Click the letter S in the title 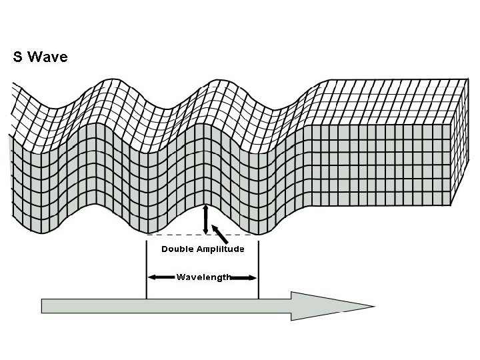point(18,57)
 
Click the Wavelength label point(203,277)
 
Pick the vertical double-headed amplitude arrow point(205,220)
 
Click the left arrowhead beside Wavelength point(152,277)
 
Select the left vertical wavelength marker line point(146,273)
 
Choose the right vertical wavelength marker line point(258,273)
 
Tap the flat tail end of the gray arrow point(43,306)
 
